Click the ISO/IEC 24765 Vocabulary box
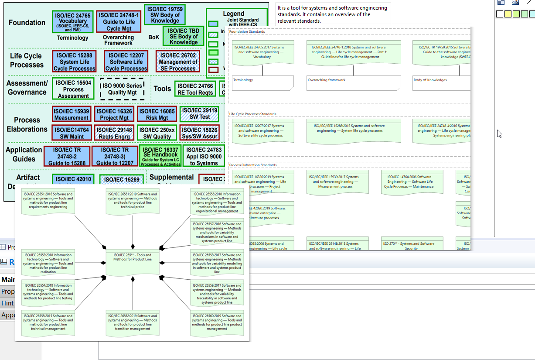click(x=73, y=21)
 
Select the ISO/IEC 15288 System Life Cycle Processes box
click(x=74, y=62)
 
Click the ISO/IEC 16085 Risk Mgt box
click(x=157, y=114)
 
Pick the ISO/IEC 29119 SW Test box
click(x=200, y=114)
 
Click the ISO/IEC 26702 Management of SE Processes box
click(x=178, y=62)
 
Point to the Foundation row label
click(x=27, y=23)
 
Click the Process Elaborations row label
click(x=27, y=124)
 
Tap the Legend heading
click(x=233, y=14)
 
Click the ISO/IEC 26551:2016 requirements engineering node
click(x=48, y=201)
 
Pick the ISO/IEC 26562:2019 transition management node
click(x=133, y=323)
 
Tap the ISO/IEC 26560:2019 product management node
click(x=217, y=323)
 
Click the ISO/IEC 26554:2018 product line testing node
click(x=48, y=293)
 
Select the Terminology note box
click(x=262, y=83)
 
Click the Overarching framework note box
click(x=353, y=83)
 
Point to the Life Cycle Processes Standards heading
click(x=252, y=114)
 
